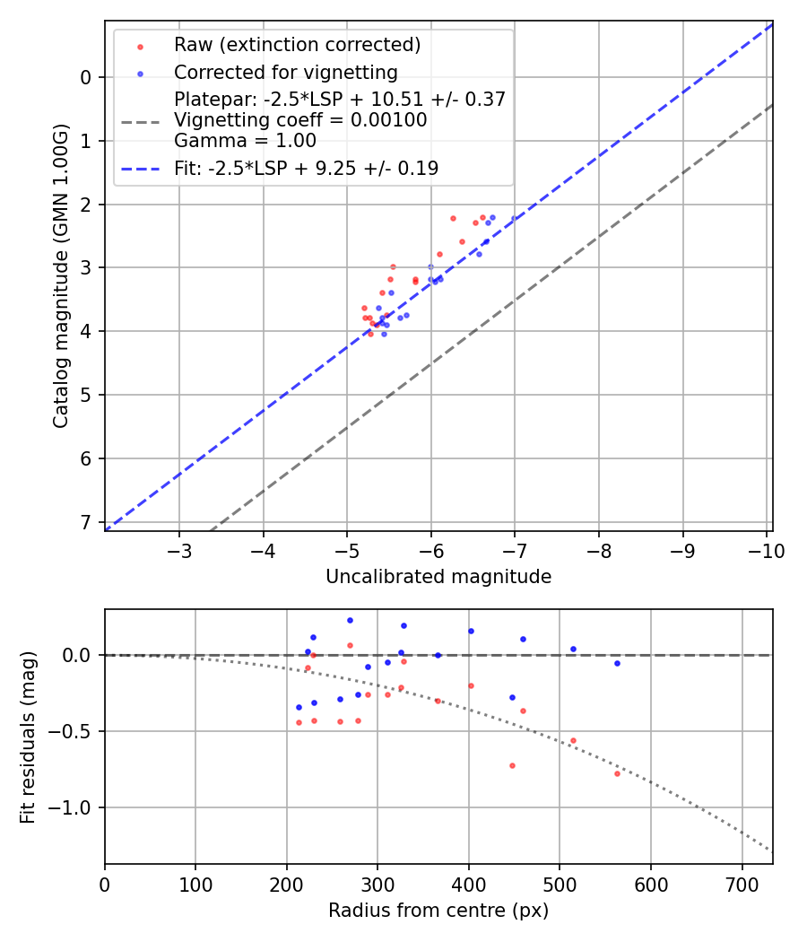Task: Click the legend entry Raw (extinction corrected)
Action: pyautogui.click(x=297, y=45)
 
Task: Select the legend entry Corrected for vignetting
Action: pyautogui.click(x=285, y=72)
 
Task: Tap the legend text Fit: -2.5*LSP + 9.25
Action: pyautogui.click(x=306, y=168)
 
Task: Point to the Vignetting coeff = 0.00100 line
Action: pyautogui.click(x=300, y=119)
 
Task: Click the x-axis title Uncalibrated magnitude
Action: pyautogui.click(x=438, y=577)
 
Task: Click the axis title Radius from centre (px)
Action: pyautogui.click(x=438, y=911)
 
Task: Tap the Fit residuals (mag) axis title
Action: pyautogui.click(x=28, y=737)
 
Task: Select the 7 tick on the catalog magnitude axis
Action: pyautogui.click(x=86, y=522)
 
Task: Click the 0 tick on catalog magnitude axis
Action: pyautogui.click(x=86, y=77)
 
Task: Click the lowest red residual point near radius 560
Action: pyautogui.click(x=617, y=773)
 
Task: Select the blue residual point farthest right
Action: pyautogui.click(x=617, y=663)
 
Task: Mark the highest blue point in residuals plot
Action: pyautogui.click(x=350, y=620)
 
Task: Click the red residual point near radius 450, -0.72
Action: pyautogui.click(x=512, y=765)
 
